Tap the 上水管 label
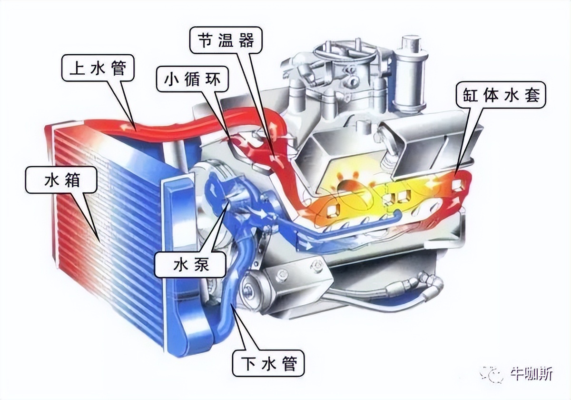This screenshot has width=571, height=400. click(98, 68)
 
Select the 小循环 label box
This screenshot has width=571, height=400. click(192, 80)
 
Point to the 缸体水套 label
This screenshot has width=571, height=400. click(501, 96)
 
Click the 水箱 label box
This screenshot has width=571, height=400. click(61, 180)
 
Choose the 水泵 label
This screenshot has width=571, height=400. click(191, 265)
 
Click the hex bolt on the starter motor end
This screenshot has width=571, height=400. click(248, 291)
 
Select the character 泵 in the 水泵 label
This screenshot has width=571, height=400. click(201, 265)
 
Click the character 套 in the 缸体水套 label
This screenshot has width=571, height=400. click(532, 96)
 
